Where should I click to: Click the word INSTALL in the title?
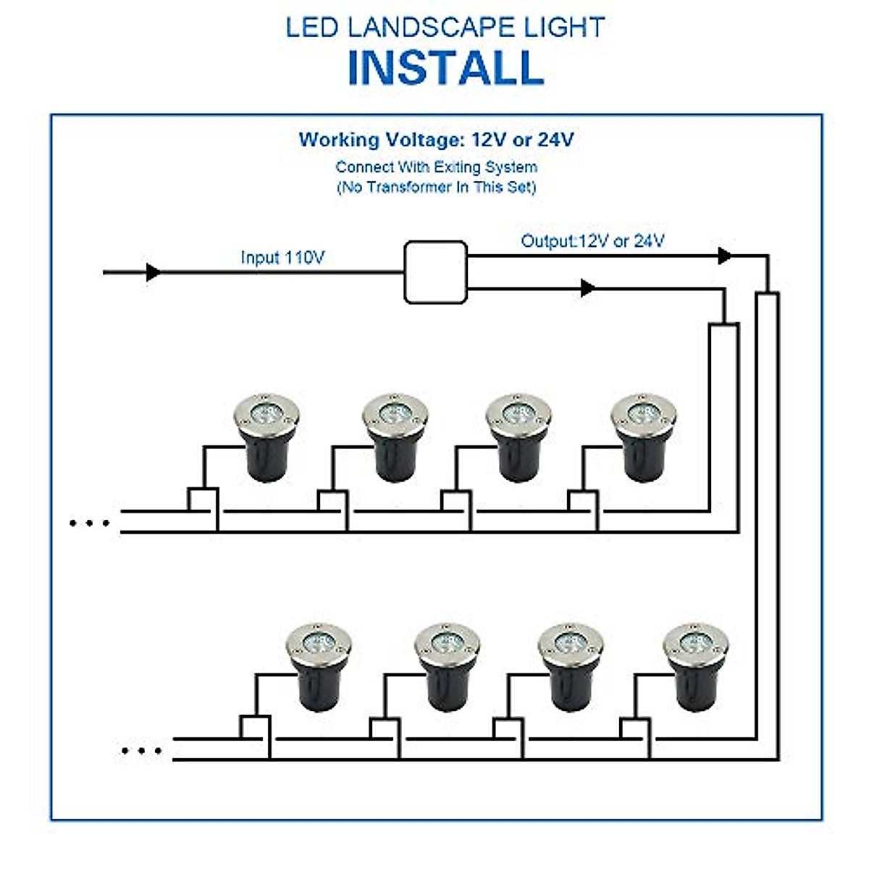(445, 67)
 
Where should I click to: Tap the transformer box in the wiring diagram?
(434, 272)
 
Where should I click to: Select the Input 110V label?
(282, 257)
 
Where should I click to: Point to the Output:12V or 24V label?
(592, 241)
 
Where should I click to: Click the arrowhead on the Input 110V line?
(153, 272)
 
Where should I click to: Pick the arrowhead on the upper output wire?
(723, 256)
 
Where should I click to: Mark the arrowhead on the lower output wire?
(587, 288)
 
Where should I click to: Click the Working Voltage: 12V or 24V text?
(436, 140)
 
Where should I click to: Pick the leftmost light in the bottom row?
(319, 666)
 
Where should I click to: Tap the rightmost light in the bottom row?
(696, 666)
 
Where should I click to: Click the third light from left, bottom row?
(571, 666)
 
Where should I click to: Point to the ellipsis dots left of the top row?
(89, 523)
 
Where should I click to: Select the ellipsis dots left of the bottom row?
(141, 751)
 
